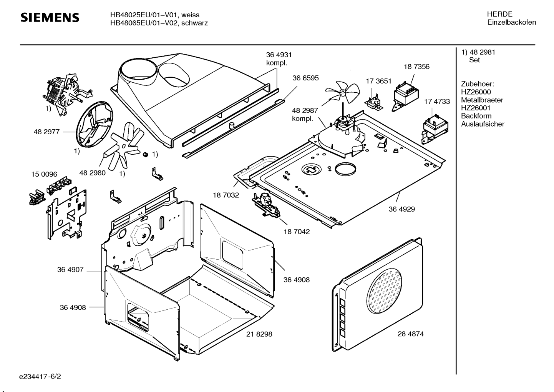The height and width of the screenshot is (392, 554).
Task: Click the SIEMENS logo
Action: tap(50, 18)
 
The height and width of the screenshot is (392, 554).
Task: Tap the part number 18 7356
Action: tap(416, 67)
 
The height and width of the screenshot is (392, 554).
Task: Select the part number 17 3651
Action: tap(378, 81)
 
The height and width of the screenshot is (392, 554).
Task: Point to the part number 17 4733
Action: tap(437, 102)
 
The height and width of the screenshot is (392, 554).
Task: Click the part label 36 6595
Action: tap(305, 78)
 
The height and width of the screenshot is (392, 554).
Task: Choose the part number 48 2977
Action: tap(46, 132)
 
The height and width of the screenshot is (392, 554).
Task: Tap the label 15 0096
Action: tap(44, 174)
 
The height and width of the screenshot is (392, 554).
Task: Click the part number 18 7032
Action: tap(226, 195)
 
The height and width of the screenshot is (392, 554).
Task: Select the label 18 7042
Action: tap(297, 232)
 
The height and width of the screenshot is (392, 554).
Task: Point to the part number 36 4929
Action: tap(401, 209)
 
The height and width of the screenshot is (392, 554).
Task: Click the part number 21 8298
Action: tap(259, 334)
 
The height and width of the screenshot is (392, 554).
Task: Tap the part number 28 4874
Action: tap(411, 334)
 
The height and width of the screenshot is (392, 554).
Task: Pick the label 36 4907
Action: tap(70, 270)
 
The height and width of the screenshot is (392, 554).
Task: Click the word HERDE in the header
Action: tap(499, 14)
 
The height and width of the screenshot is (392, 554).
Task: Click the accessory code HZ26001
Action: tap(476, 108)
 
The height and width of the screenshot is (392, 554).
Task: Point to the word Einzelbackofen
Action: tap(511, 22)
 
